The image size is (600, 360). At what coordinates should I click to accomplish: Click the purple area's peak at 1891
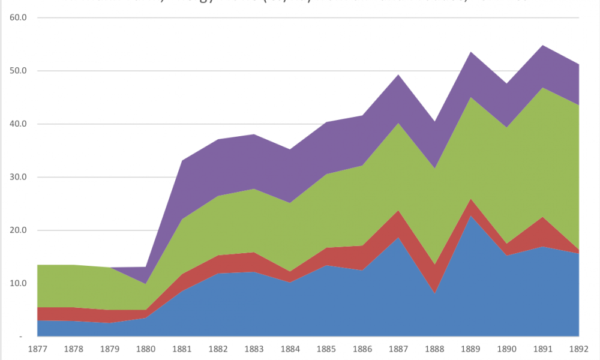[x=543, y=45]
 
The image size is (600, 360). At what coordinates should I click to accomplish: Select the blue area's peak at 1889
[x=471, y=215]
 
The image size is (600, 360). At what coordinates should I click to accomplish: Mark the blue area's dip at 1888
[x=434, y=293]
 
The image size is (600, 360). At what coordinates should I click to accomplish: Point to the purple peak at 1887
[x=398, y=74]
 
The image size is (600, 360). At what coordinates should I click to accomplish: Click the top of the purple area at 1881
[x=182, y=160]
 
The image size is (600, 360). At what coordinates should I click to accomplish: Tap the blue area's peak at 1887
[x=398, y=237]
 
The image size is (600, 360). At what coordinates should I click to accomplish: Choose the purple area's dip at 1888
[x=434, y=122]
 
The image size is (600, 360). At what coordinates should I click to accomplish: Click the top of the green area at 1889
[x=471, y=97]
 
